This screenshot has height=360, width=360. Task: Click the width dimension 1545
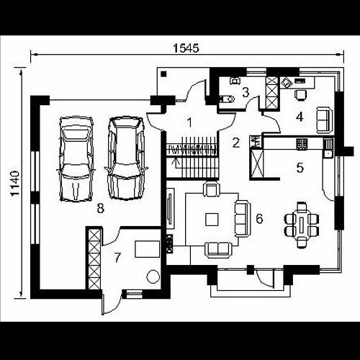[186, 48]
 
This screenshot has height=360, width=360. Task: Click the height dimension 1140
[15, 184]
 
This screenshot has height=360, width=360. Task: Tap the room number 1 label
[189, 122]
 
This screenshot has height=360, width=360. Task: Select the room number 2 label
[236, 143]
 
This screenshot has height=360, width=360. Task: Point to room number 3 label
[246, 92]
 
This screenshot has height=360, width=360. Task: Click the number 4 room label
[300, 117]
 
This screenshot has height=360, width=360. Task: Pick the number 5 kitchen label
[300, 168]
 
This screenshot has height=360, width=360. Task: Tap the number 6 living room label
[259, 219]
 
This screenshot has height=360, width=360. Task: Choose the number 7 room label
[117, 258]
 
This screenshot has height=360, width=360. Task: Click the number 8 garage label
[101, 208]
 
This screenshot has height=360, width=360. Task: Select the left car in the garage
[76, 159]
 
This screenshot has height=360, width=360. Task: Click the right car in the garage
[126, 158]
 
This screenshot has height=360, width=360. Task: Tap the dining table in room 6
[302, 225]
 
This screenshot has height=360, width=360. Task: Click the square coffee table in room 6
[212, 220]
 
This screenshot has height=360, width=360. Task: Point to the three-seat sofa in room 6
[242, 219]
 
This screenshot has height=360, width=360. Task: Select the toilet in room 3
[226, 99]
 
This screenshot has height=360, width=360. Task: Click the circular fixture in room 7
[153, 276]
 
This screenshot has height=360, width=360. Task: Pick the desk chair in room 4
[300, 94]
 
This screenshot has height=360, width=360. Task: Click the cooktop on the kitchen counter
[302, 144]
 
